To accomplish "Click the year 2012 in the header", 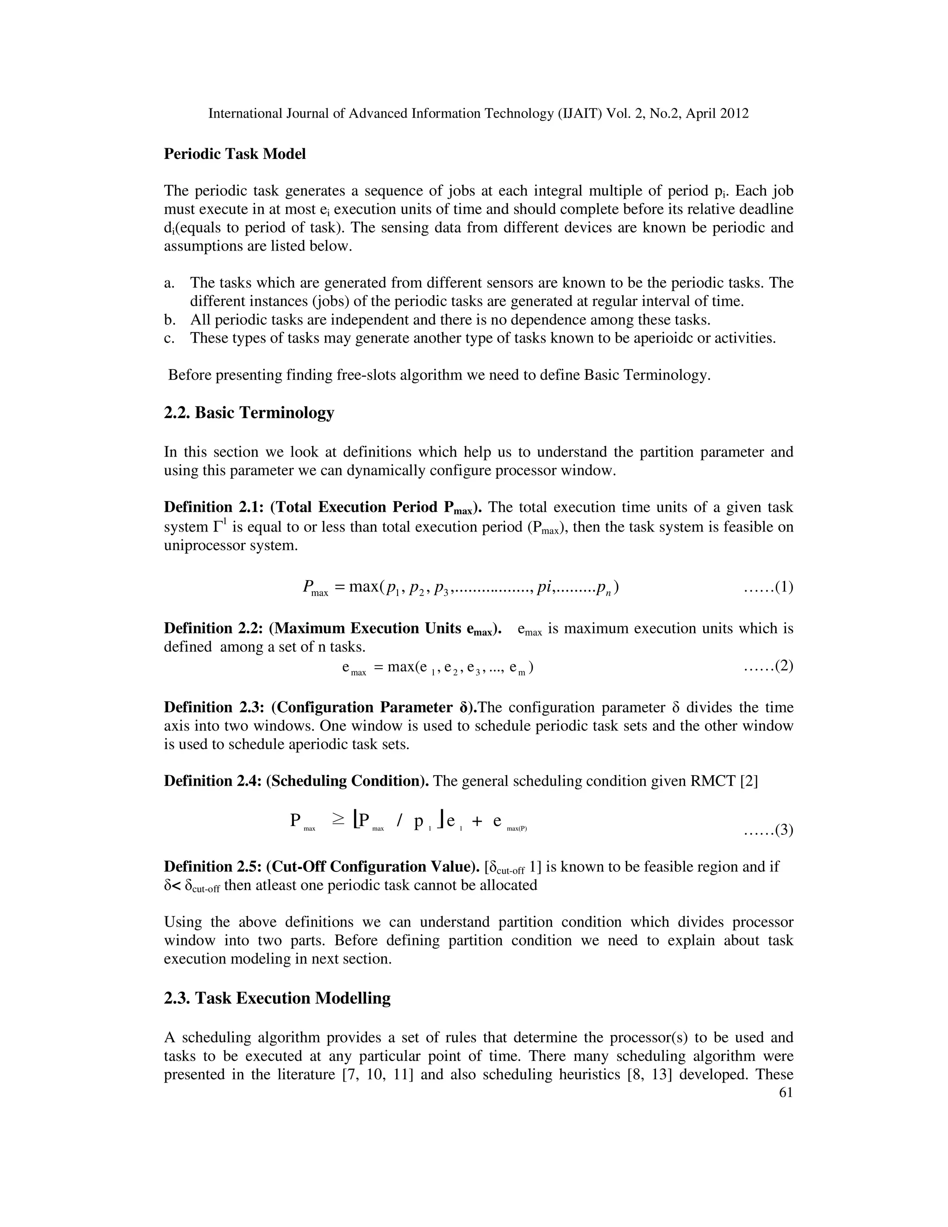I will (x=734, y=114).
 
